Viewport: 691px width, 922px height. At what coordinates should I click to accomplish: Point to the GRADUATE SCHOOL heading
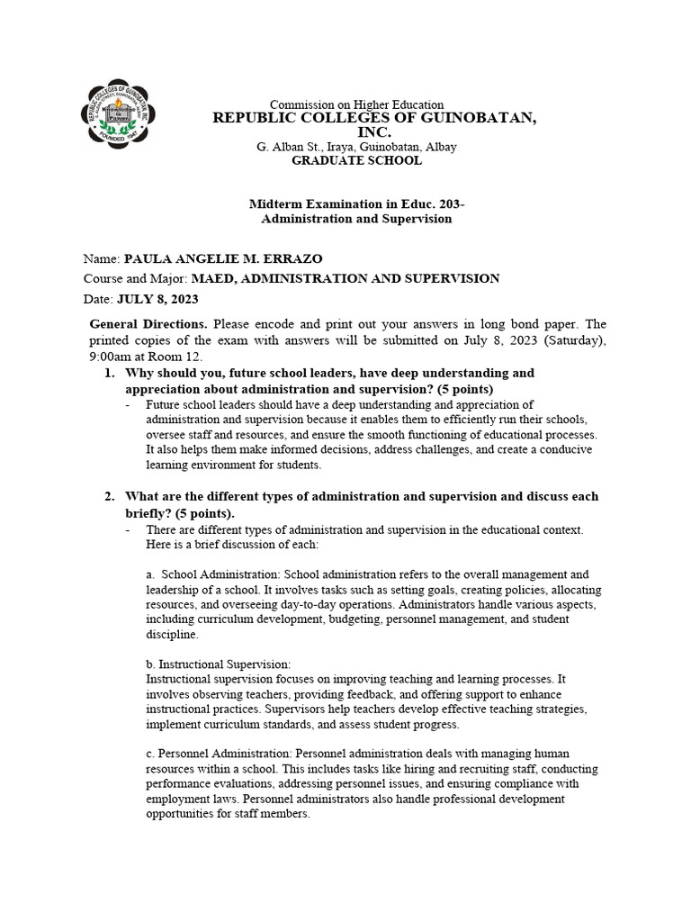pos(356,160)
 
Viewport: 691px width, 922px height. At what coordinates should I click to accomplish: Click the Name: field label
pos(101,259)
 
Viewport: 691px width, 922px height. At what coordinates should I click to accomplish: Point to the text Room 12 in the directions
pos(203,356)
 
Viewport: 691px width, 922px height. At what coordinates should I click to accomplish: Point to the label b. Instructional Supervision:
pos(218,664)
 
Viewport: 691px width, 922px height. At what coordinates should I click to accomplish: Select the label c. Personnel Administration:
pos(219,753)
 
